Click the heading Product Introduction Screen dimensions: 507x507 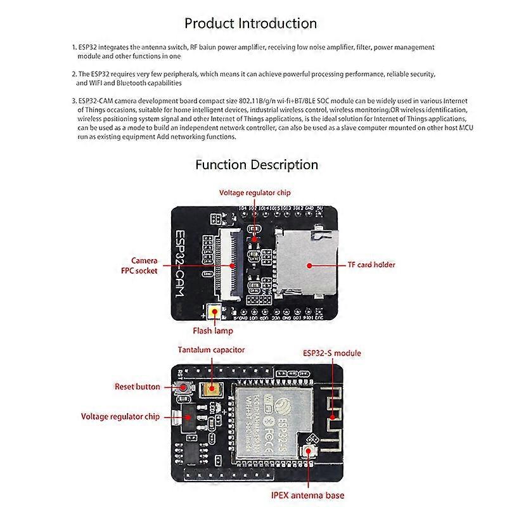[x=250, y=23]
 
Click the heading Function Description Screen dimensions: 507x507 [x=257, y=165]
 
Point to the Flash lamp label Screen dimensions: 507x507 [x=213, y=330]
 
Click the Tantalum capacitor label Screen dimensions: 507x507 [x=211, y=350]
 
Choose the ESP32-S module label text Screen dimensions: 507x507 [x=331, y=353]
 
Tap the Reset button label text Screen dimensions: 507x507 [x=137, y=387]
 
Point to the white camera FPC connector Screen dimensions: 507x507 [x=229, y=262]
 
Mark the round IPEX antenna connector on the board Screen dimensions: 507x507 [x=311, y=451]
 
